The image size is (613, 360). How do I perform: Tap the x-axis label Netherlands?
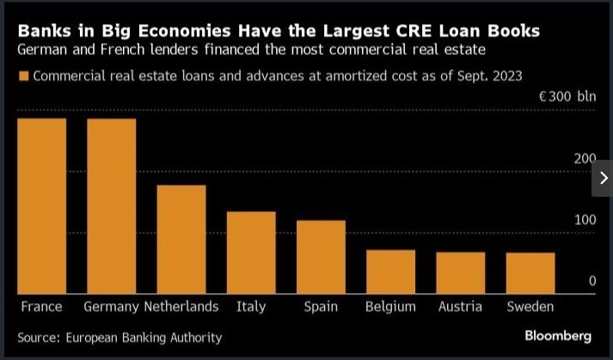point(181,307)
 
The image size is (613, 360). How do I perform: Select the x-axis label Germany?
point(112,307)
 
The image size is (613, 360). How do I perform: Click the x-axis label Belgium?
point(390,307)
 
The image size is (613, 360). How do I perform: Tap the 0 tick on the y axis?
point(592,281)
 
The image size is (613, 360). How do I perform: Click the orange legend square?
point(23,76)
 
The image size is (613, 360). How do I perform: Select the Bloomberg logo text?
point(558,336)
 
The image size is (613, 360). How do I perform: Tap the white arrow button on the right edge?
point(603,178)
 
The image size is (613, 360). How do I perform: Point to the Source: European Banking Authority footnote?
point(120,338)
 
